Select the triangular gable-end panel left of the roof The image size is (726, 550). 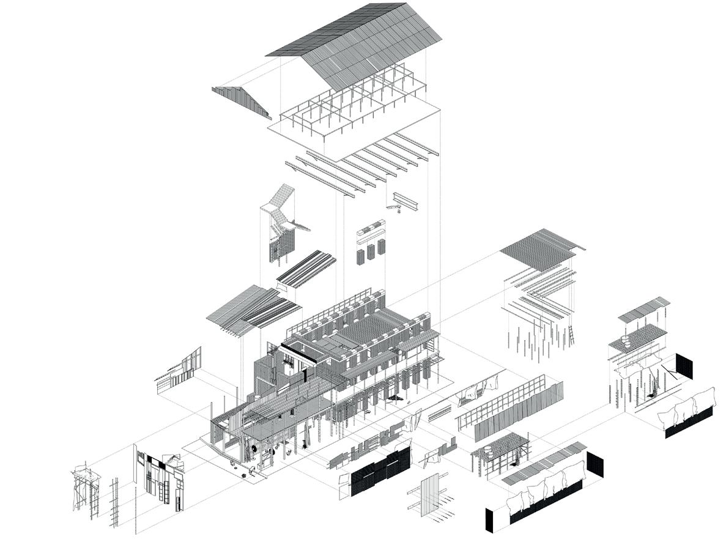click(242, 101)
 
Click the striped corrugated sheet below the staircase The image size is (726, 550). click(306, 269)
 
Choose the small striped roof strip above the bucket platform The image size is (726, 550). click(643, 309)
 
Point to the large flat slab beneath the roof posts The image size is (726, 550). click(355, 132)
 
